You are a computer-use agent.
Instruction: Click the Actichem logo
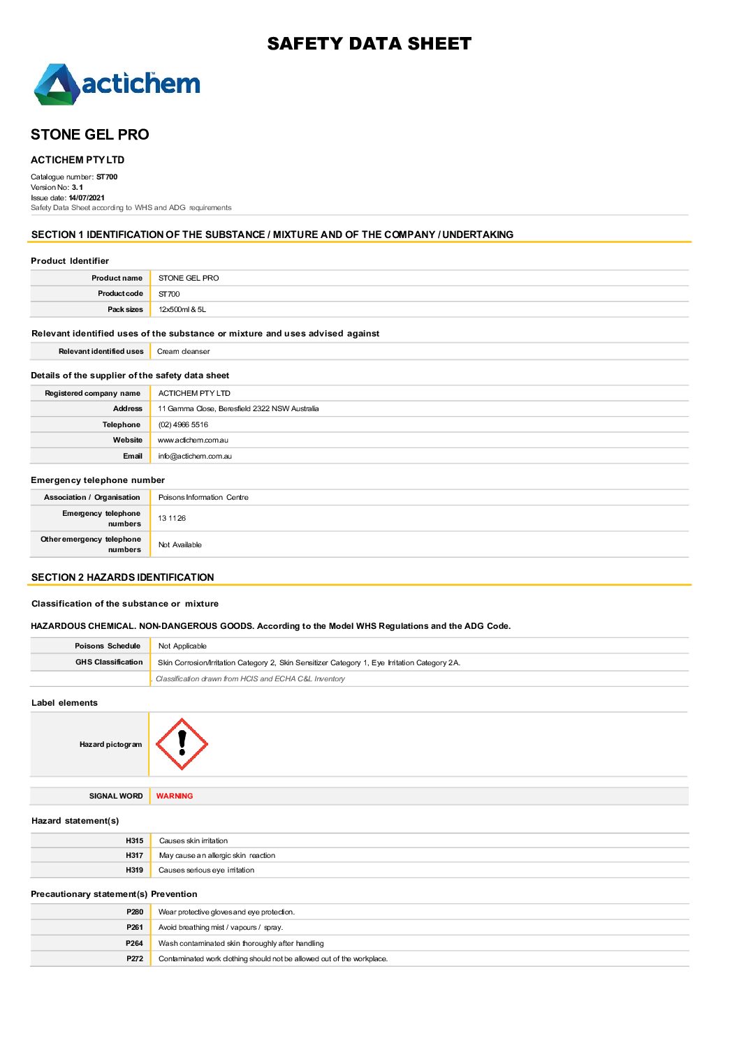[x=117, y=84]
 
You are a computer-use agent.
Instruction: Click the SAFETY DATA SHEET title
[x=369, y=44]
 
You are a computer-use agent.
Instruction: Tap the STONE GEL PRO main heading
[x=90, y=135]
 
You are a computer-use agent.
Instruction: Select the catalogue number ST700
[x=107, y=177]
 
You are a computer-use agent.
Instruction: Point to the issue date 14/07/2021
[x=87, y=198]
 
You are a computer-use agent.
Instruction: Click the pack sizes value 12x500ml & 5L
[x=182, y=310]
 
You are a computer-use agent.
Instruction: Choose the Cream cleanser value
[x=183, y=352]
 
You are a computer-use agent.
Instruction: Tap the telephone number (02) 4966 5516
[x=183, y=425]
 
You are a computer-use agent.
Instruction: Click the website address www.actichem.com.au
[x=193, y=440]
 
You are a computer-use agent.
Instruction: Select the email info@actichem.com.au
[x=195, y=457]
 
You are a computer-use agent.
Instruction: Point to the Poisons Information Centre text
[x=203, y=498]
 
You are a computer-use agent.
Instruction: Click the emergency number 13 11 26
[x=172, y=519]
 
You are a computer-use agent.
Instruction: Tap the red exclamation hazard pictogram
[x=182, y=744]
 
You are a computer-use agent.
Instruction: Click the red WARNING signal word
[x=175, y=796]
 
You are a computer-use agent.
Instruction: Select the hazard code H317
[x=134, y=856]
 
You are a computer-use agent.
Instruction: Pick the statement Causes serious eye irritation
[x=206, y=870]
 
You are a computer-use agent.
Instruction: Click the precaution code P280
[x=135, y=912]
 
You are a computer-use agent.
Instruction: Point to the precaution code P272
[x=135, y=959]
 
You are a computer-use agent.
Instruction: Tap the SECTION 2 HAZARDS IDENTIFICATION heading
[x=123, y=577]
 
